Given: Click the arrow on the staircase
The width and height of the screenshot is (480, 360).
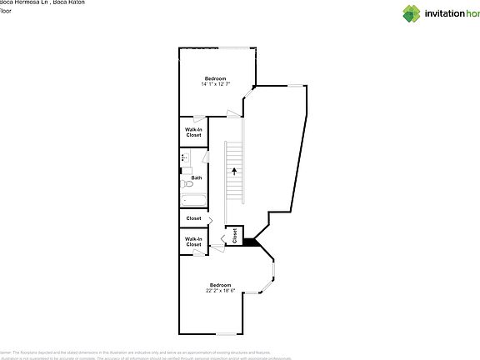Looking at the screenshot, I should coord(235,170).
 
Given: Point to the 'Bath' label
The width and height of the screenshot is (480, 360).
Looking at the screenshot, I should coord(197,177).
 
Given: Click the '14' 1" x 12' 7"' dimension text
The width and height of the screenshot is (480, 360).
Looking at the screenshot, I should coord(216,84).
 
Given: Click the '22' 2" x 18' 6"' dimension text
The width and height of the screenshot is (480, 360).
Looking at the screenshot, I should coord(221,291).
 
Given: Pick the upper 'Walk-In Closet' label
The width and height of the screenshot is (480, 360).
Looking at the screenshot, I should coord(193,132).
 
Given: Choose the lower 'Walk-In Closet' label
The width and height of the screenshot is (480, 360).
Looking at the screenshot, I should coord(193,242).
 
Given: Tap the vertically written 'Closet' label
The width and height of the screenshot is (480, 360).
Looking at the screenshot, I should coord(235,236).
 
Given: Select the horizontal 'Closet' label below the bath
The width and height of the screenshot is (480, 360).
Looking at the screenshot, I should coord(193,218).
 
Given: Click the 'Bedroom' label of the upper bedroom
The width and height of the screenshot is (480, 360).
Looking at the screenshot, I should coord(216,78).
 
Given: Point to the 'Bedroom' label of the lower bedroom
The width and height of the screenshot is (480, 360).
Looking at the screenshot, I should coord(221,285).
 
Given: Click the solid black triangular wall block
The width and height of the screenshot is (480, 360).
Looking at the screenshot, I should coord(249,242).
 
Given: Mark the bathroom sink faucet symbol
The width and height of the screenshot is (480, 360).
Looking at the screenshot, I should coord(182,157).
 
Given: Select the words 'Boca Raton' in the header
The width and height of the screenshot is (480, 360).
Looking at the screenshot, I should coord(70,3).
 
